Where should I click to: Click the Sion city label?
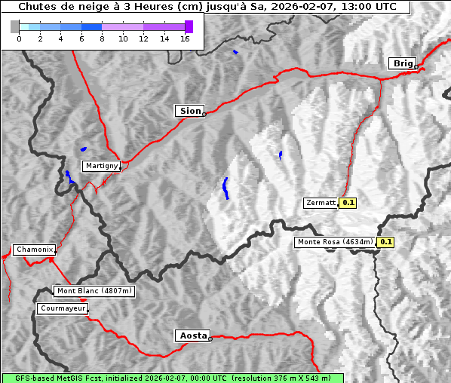coord(190,111)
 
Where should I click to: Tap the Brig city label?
coord(402,63)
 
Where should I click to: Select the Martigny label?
coord(101,166)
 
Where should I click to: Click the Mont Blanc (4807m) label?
coord(94,291)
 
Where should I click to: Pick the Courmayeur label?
coord(63,308)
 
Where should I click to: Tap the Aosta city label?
coord(192,336)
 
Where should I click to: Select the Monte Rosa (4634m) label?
coord(335,242)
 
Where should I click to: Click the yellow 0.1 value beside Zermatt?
coord(348,203)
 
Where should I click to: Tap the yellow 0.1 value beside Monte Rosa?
coord(385,242)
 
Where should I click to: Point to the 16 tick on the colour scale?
coord(185,39)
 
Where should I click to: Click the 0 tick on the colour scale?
coord(19,39)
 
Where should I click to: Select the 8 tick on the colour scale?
coord(102,39)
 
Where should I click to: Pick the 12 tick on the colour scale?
coord(143,39)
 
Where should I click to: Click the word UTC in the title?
coord(382,6)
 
